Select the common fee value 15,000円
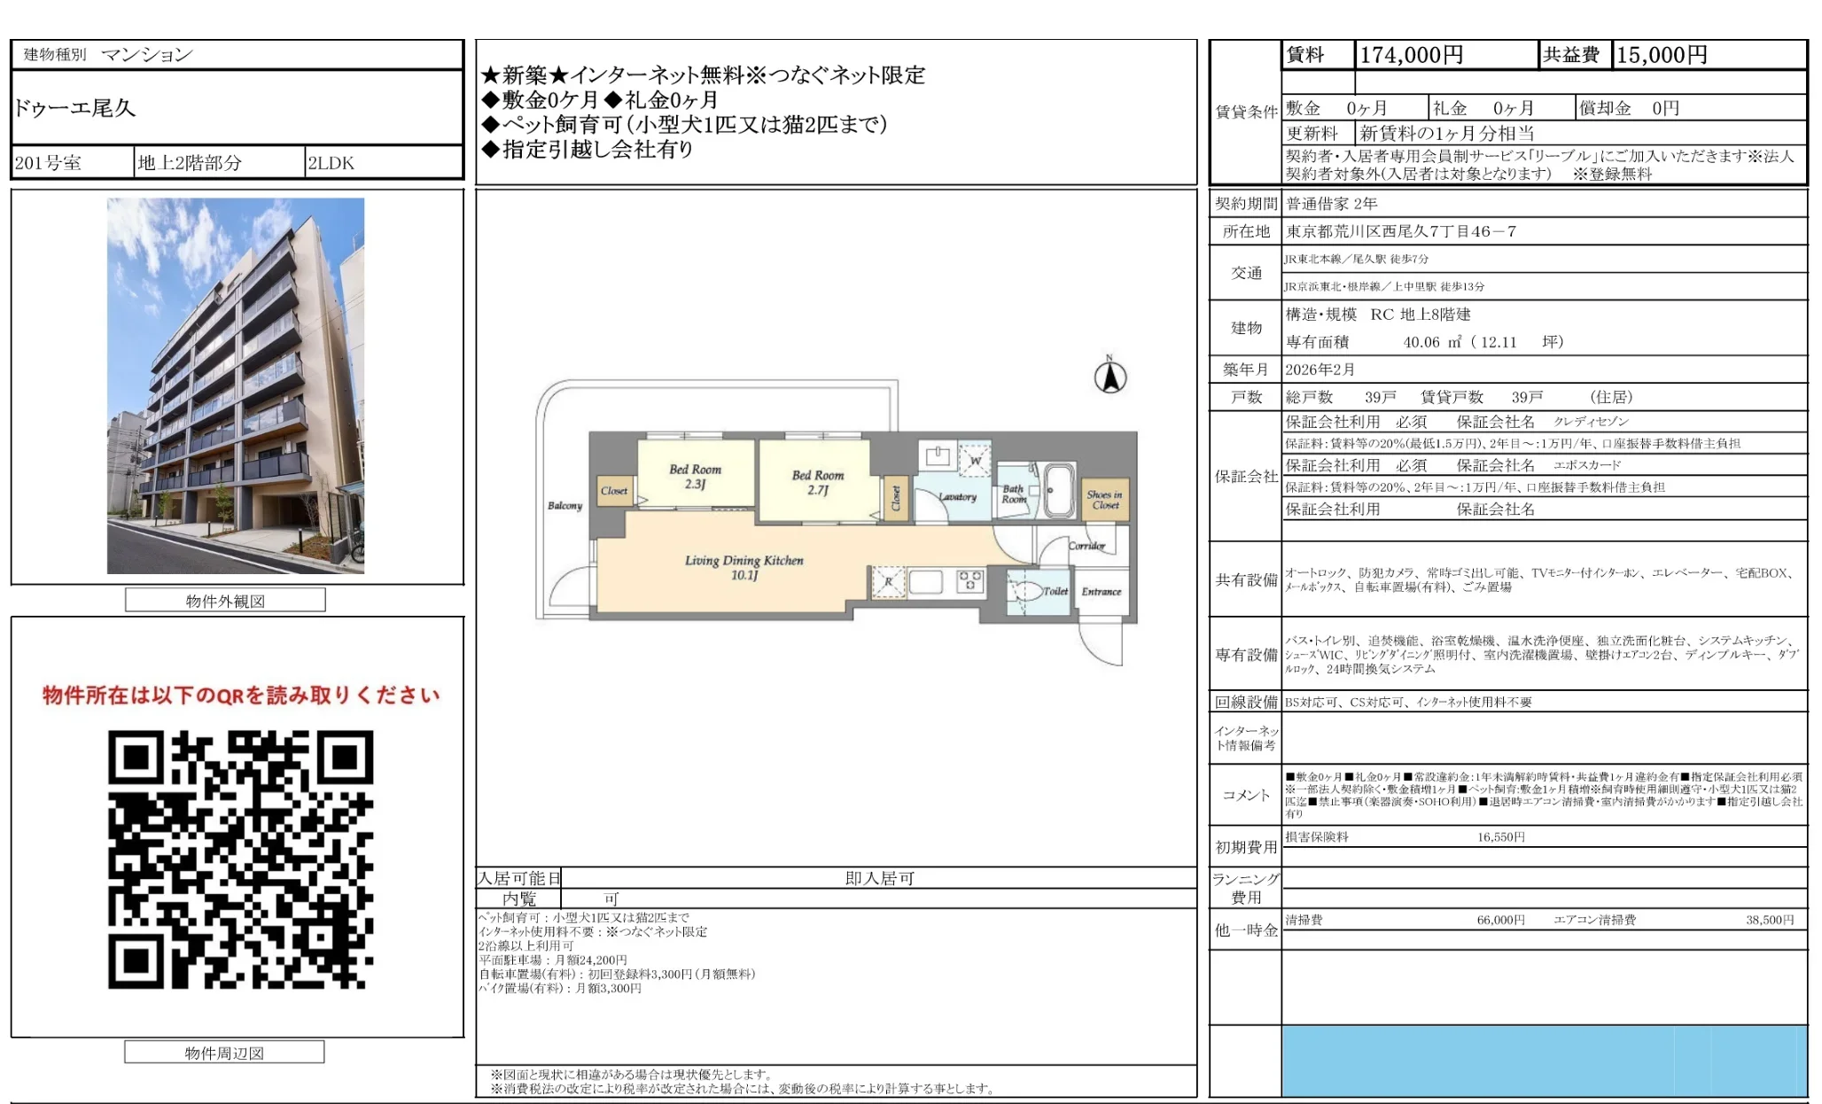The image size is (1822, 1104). point(1662,55)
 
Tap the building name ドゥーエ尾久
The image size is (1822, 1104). point(75,108)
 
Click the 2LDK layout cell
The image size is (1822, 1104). point(331,163)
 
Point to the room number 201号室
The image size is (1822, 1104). point(49,163)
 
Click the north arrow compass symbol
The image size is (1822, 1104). point(1110,376)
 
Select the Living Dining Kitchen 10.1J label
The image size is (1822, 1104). point(744,567)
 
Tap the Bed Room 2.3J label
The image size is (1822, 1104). point(695,476)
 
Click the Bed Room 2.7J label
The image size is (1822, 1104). point(817,482)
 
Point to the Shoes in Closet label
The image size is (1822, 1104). point(1104,500)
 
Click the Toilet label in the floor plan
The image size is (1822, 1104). point(1055,591)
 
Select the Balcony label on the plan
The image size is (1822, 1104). point(565,505)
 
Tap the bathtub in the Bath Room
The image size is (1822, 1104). point(1058,489)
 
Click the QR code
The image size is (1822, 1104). point(240,859)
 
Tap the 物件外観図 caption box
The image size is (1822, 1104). point(225,601)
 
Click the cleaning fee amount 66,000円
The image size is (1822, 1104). point(1500,920)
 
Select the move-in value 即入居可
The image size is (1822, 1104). point(879,878)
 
